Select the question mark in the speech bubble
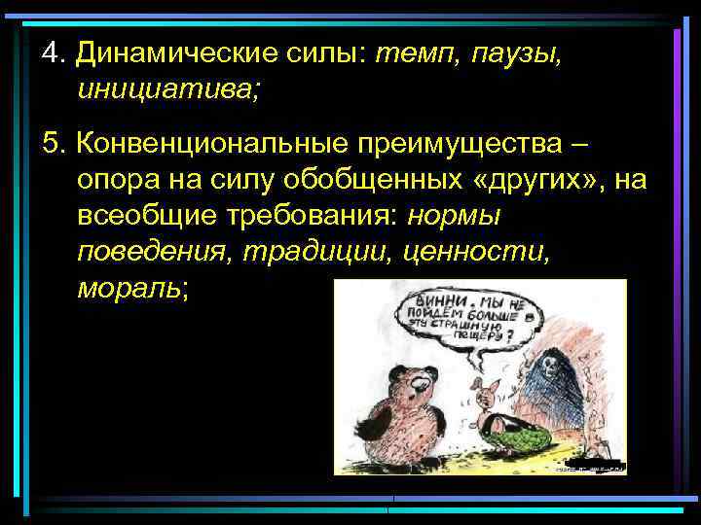click(510, 339)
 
